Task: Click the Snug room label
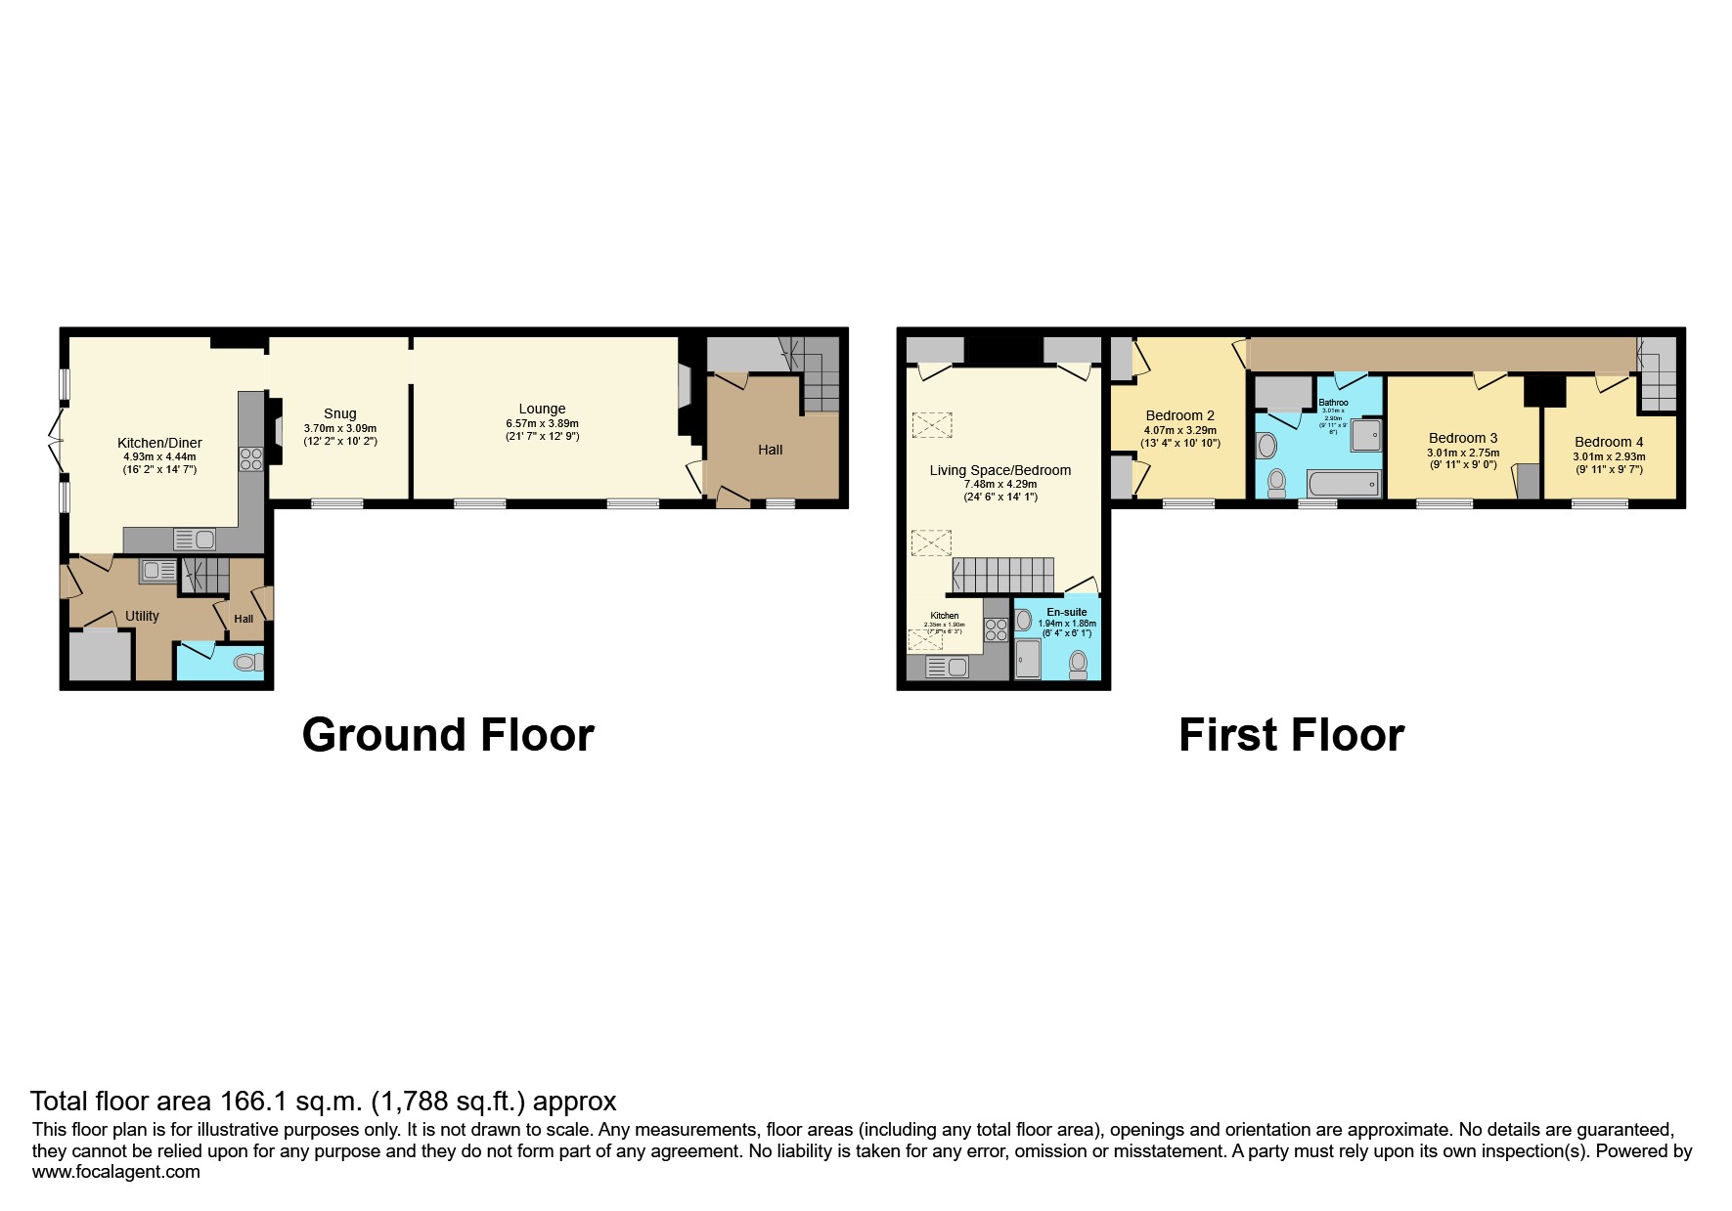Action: click(x=339, y=413)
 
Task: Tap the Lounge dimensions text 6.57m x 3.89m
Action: click(x=542, y=423)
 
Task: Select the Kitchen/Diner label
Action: click(x=159, y=443)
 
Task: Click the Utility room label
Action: click(x=142, y=616)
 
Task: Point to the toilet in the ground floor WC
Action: click(x=247, y=663)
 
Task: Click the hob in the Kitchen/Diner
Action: click(x=251, y=458)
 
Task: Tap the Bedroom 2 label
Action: click(x=1179, y=415)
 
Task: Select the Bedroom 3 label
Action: click(x=1462, y=438)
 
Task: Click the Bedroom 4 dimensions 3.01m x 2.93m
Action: click(x=1609, y=456)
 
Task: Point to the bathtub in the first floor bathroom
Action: click(x=1344, y=484)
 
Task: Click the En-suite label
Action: click(x=1066, y=612)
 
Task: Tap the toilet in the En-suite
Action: click(x=1078, y=664)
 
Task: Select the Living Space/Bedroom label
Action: click(x=999, y=470)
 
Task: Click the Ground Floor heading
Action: click(x=448, y=735)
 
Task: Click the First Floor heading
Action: click(x=1291, y=735)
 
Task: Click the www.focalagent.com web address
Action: click(x=115, y=1172)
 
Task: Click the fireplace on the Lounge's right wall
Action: click(x=685, y=385)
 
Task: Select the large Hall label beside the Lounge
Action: click(x=770, y=450)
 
